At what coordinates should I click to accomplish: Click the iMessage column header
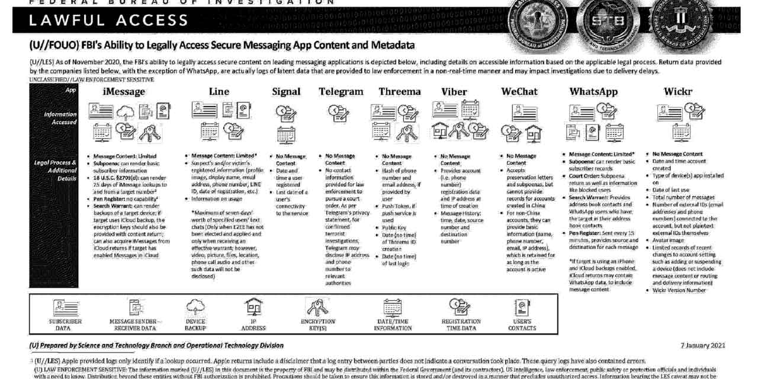pyautogui.click(x=123, y=92)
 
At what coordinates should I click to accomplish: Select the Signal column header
pyautogui.click(x=286, y=92)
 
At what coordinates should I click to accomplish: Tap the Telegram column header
pyautogui.click(x=341, y=92)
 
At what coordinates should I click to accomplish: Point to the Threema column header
pyautogui.click(x=400, y=92)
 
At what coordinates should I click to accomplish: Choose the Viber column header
pyautogui.click(x=454, y=92)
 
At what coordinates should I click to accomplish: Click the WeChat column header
pyautogui.click(x=519, y=92)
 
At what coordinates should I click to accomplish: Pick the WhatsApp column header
pyautogui.click(x=593, y=92)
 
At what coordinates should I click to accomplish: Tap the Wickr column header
pyautogui.click(x=678, y=92)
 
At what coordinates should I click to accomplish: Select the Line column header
pyautogui.click(x=219, y=92)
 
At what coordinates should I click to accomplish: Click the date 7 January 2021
pyautogui.click(x=702, y=345)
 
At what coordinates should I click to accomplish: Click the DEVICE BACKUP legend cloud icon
pyautogui.click(x=195, y=306)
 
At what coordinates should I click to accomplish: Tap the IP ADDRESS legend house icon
pyautogui.click(x=253, y=306)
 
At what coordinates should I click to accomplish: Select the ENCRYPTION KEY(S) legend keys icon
pyautogui.click(x=317, y=306)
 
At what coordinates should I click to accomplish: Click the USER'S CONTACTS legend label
pyautogui.click(x=522, y=325)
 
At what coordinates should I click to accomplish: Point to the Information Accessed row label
pyautogui.click(x=60, y=118)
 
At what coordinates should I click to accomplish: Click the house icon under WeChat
pyautogui.click(x=533, y=131)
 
